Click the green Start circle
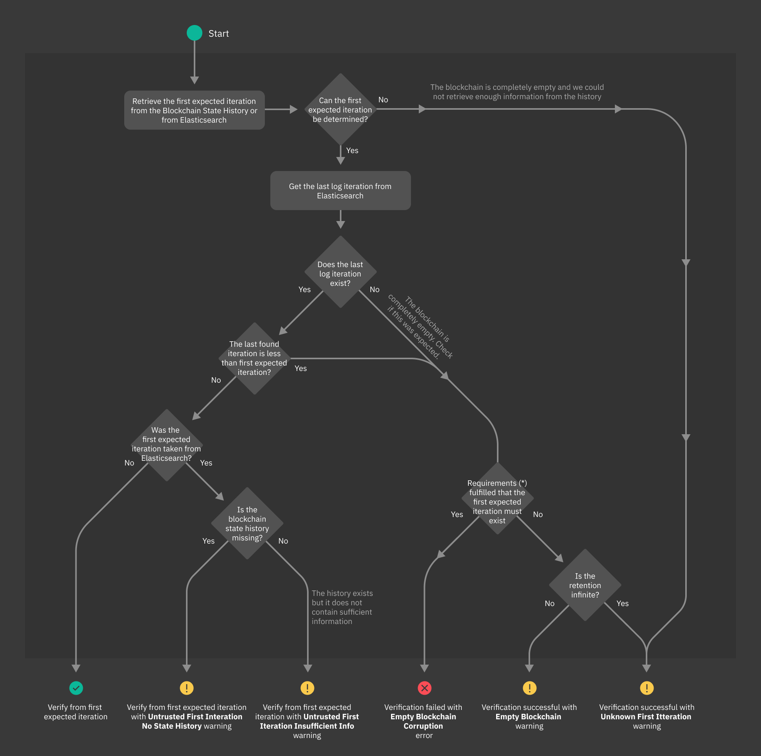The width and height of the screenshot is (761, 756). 194,33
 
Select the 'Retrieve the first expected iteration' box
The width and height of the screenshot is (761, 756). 194,110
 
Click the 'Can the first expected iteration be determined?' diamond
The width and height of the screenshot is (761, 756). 340,110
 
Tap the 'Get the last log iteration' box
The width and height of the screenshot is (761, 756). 340,191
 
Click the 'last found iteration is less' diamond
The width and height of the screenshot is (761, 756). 254,358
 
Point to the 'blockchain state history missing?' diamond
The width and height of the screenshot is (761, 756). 247,524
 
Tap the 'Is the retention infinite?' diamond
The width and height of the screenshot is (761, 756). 585,585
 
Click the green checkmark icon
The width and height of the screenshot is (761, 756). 76,688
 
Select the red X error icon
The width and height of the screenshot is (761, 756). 424,688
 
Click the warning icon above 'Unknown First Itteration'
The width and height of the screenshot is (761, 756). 647,688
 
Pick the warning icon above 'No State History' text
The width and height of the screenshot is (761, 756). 187,688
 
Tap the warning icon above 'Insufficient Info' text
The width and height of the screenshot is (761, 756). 307,688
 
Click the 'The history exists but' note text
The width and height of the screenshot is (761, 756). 341,607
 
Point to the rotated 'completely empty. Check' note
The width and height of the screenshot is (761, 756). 420,327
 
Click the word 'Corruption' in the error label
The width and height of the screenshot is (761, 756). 423,726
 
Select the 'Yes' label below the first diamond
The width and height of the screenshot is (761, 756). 352,150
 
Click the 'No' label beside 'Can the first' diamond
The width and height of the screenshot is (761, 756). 383,100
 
